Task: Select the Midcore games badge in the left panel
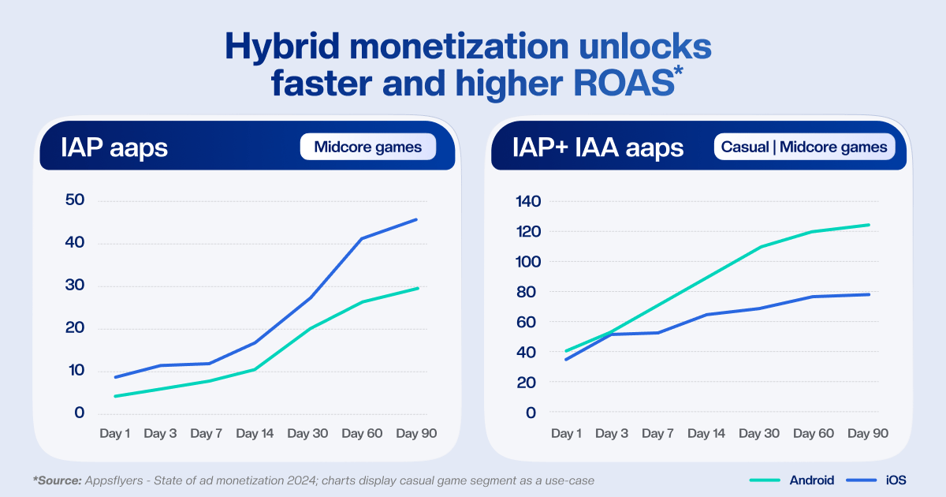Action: pyautogui.click(x=367, y=148)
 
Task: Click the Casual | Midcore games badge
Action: pyautogui.click(x=805, y=148)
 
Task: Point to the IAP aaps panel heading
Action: pyautogui.click(x=114, y=148)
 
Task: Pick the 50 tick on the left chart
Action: pyautogui.click(x=75, y=200)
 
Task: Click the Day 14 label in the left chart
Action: pyautogui.click(x=255, y=434)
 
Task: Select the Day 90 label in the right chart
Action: pyautogui.click(x=868, y=434)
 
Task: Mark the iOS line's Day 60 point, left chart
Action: pyautogui.click(x=362, y=238)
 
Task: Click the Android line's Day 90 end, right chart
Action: pyautogui.click(x=869, y=225)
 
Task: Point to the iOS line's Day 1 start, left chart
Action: pyautogui.click(x=116, y=377)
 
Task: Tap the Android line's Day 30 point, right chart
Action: pyautogui.click(x=761, y=247)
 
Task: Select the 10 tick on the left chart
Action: pyautogui.click(x=75, y=371)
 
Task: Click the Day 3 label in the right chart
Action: pyautogui.click(x=612, y=434)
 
